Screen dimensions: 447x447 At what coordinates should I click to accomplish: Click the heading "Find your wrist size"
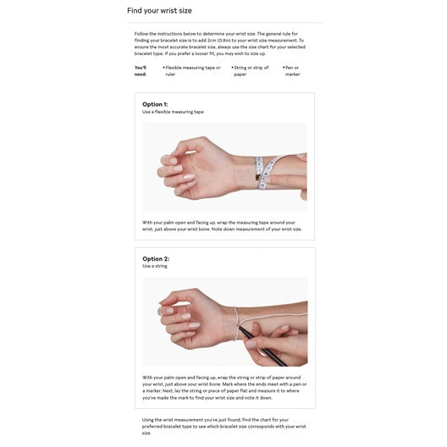[x=159, y=11]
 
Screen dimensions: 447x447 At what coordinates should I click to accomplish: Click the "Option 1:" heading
[x=155, y=104]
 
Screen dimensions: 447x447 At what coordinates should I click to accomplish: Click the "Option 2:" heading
[x=155, y=258]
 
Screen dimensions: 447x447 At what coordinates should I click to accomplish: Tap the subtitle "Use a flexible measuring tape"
[x=173, y=112]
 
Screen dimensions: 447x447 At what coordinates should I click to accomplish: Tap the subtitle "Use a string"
[x=155, y=266]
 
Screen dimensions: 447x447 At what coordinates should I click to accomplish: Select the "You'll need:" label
[x=141, y=70]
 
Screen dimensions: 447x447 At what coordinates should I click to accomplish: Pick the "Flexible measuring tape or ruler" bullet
[x=192, y=70]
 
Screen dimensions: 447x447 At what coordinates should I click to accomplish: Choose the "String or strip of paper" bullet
[x=251, y=70]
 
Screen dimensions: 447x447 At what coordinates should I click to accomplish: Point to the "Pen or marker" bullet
[x=292, y=70]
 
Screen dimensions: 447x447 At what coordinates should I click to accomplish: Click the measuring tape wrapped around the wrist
[x=268, y=173]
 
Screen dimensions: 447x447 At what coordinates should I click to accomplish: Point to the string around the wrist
[x=236, y=323]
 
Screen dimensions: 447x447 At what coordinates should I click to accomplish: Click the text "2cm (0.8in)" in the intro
[x=228, y=40]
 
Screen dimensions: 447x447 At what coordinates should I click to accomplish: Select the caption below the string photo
[x=224, y=387]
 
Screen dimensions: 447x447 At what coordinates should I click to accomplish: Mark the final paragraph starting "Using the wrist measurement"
[x=223, y=426]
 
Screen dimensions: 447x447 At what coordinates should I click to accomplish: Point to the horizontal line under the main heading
[x=223, y=23]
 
